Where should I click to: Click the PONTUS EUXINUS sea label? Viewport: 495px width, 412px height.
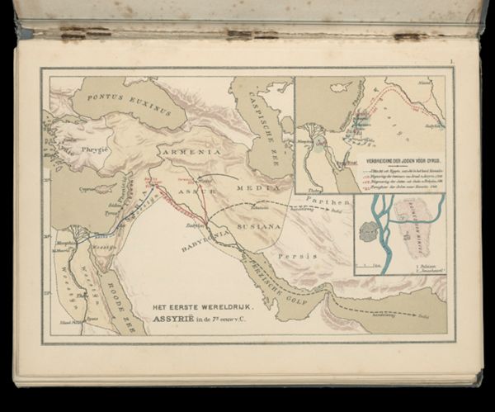pyautogui.click(x=127, y=105)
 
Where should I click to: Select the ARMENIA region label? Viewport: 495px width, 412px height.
pyautogui.click(x=191, y=153)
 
